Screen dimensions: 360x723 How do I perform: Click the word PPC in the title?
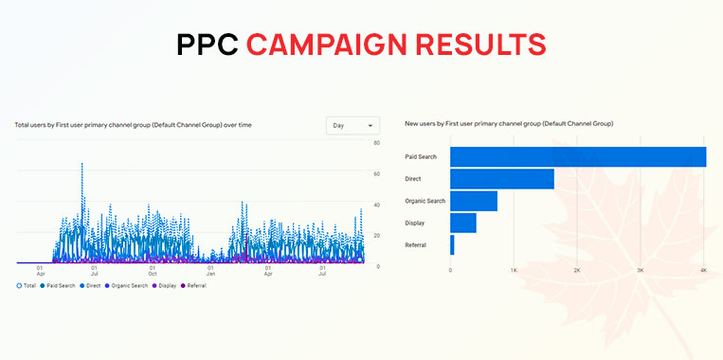pos(207,45)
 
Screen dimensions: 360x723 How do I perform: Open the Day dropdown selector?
pos(352,125)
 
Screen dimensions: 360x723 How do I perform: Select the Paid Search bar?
pos(577,156)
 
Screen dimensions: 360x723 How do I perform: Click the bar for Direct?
pos(501,178)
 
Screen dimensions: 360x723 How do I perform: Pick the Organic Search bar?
pos(473,201)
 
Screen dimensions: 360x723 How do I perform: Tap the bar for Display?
pos(462,223)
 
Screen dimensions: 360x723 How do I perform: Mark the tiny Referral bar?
pos(452,244)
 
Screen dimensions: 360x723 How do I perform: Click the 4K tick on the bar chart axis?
pos(703,271)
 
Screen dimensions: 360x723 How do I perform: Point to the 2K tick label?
pos(577,271)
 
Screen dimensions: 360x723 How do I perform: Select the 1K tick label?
pos(514,271)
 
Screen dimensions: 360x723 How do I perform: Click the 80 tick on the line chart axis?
pos(377,143)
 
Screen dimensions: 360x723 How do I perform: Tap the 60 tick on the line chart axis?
pos(377,174)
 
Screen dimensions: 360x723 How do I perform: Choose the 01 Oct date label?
pos(153,271)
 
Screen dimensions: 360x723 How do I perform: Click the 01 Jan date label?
pos(210,271)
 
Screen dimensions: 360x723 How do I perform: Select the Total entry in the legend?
pos(28,285)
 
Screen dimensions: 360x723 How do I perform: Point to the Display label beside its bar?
pos(414,224)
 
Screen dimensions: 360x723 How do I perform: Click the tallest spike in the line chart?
pos(82,165)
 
